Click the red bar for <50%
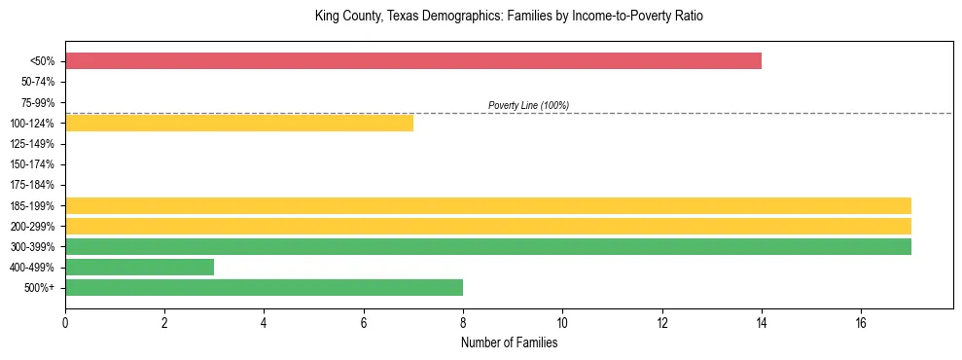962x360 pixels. pos(412,61)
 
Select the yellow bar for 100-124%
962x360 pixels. pos(239,123)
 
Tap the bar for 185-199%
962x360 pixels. pos(487,205)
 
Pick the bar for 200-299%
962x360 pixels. pos(487,226)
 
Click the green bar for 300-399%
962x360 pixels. pos(487,246)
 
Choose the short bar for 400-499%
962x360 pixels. pos(139,267)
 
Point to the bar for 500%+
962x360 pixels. pos(264,287)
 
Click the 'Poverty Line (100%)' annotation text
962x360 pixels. pos(528,105)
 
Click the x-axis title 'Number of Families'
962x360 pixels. pos(509,342)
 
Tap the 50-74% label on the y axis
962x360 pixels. pos(38,82)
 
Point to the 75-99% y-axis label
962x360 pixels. pos(38,102)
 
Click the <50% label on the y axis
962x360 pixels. pos(43,61)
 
